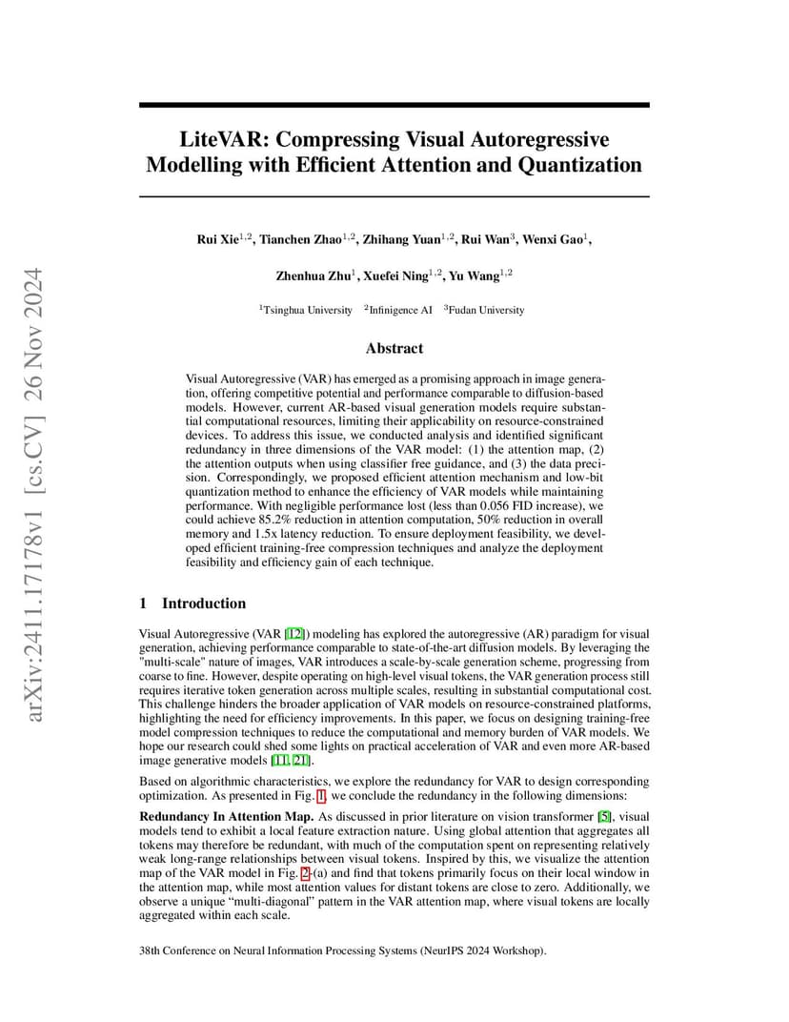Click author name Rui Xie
(217, 238)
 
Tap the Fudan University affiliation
(488, 310)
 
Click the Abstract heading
(394, 349)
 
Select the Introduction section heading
(203, 603)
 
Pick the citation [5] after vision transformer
(603, 816)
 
